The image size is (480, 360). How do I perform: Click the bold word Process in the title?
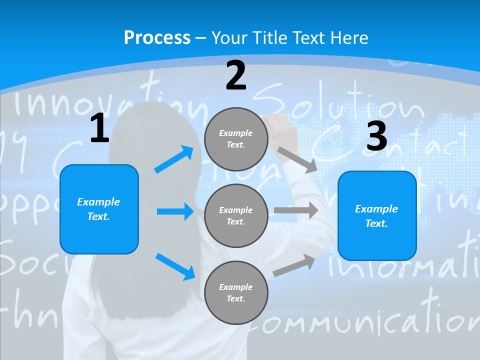(157, 37)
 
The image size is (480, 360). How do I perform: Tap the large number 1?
(99, 128)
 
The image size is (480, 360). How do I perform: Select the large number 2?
(236, 75)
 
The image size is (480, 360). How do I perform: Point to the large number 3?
(376, 136)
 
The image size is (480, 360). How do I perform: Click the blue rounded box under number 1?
(99, 209)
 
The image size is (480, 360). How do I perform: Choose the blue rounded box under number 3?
(376, 215)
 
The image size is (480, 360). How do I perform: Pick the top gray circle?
(236, 139)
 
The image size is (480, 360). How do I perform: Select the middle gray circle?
(236, 215)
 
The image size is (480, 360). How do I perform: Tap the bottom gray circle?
(236, 292)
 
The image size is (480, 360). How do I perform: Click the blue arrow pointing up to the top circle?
(174, 159)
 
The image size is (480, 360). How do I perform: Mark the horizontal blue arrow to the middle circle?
(175, 211)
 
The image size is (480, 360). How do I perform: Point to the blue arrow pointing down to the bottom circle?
(175, 266)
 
